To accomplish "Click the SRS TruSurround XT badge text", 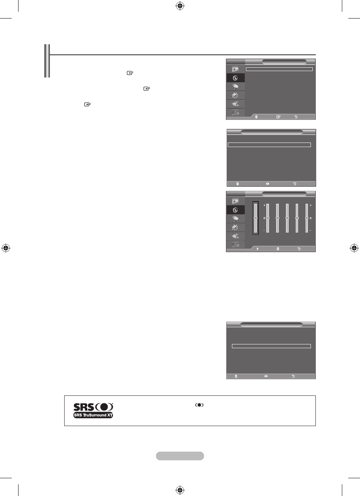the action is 93,415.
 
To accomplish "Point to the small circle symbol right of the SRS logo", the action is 199,405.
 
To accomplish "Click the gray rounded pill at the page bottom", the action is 180,456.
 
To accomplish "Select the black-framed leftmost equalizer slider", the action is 255,218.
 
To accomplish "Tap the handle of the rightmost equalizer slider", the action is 307,218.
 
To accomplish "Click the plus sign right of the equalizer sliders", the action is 311,205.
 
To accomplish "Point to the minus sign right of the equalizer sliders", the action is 311,231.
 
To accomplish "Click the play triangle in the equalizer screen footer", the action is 258,249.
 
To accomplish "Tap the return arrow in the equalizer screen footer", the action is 299,249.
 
